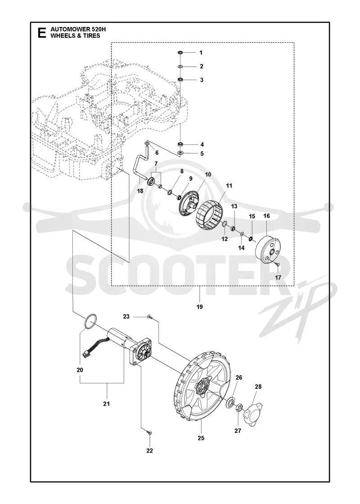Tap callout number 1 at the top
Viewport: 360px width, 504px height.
[201, 52]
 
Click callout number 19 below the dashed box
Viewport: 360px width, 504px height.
[200, 307]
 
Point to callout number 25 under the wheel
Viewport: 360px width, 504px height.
[201, 438]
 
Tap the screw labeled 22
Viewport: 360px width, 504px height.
[149, 433]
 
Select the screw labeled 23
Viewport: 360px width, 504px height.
[150, 317]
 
